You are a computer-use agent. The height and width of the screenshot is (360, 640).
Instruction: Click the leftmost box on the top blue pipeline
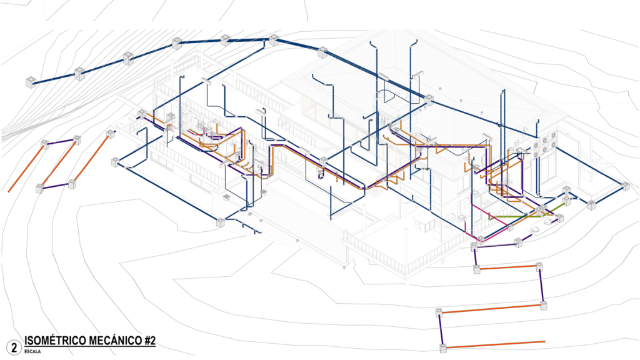tap(29, 82)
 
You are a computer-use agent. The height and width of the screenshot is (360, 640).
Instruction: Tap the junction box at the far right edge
tap(625, 185)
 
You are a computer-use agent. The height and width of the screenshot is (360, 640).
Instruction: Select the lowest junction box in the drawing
tap(442, 347)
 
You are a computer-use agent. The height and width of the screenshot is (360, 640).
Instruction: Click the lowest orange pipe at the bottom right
tap(497, 344)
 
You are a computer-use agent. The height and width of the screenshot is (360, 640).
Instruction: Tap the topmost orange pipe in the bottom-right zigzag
tap(507, 267)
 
